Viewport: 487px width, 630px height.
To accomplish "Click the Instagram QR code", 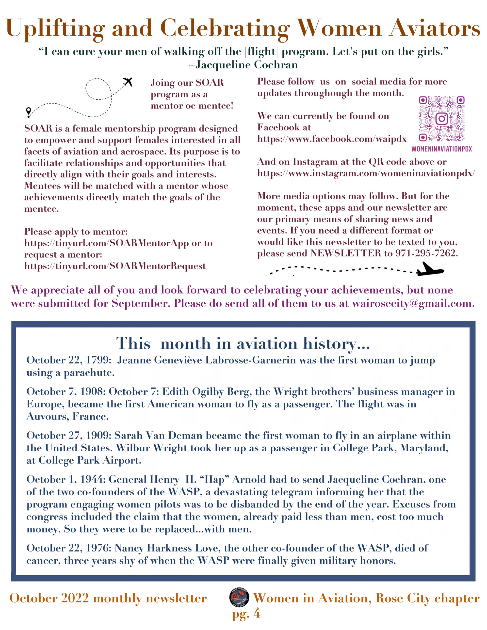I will [441, 119].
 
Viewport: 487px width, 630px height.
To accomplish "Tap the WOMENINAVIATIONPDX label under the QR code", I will [441, 149].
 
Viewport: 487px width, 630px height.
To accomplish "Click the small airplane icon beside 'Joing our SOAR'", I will [128, 82].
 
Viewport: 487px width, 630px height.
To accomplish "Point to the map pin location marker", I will [28, 112].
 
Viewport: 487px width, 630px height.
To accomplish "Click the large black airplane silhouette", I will [430, 270].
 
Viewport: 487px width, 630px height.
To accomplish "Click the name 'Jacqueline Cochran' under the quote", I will [246, 65].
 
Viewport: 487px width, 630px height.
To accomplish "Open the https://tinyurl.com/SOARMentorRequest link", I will [115, 266].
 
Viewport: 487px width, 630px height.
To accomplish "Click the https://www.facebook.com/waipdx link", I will [332, 139].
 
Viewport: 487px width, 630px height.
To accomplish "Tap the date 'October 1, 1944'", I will [66, 479].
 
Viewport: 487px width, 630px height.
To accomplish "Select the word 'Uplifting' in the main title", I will [55, 28].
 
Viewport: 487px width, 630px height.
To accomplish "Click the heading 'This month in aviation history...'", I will [243, 343].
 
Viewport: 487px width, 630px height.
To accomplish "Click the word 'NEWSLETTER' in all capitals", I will [345, 253].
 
